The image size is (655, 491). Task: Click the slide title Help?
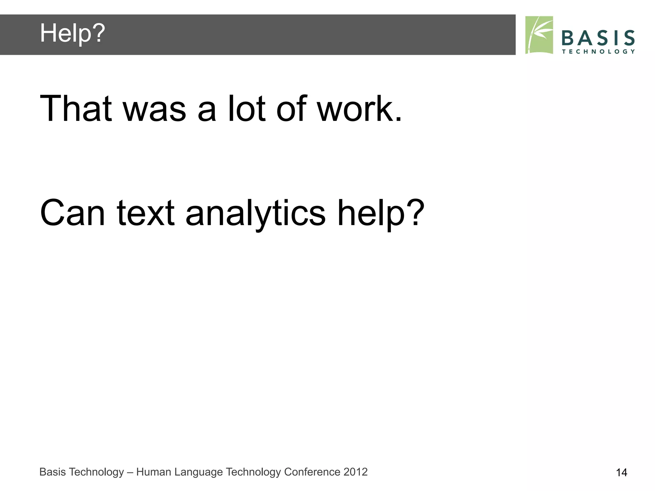click(x=72, y=33)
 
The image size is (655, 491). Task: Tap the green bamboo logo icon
click(x=539, y=35)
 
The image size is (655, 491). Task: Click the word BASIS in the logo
click(x=598, y=38)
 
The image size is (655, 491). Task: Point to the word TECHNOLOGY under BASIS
click(x=598, y=52)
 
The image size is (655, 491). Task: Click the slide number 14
click(x=621, y=472)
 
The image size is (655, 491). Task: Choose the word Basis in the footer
click(x=52, y=472)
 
